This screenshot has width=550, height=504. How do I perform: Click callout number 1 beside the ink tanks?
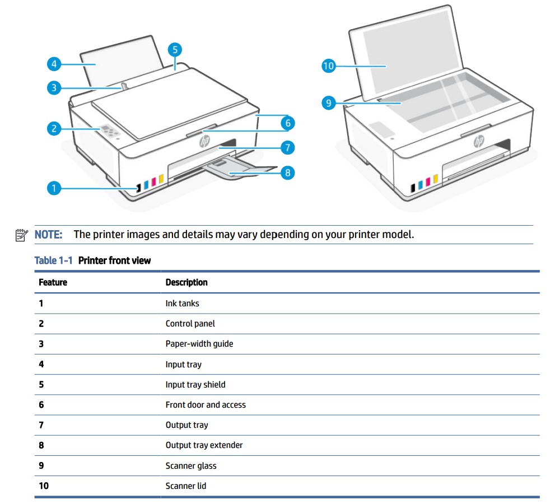(54, 189)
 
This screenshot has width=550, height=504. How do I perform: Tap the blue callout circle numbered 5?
(175, 49)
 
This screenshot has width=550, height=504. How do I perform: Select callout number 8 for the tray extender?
(287, 172)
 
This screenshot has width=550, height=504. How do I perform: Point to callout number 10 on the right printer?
(328, 66)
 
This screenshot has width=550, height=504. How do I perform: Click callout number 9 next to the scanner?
(328, 102)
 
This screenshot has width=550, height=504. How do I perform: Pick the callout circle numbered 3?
(54, 87)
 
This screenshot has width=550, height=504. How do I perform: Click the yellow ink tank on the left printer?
(161, 179)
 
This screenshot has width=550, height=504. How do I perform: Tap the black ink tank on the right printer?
(413, 186)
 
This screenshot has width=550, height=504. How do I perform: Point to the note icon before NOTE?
(22, 235)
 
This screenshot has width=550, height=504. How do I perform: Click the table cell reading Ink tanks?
(182, 304)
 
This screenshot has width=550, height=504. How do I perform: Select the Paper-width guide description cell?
(199, 344)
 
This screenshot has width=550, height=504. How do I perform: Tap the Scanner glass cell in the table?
(190, 465)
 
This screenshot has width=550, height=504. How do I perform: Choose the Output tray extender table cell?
(204, 445)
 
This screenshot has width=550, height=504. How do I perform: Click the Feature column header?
(53, 282)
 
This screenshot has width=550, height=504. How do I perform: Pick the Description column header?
(187, 282)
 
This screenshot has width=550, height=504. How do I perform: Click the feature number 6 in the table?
(41, 405)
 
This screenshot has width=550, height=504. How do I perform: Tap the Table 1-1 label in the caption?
(53, 260)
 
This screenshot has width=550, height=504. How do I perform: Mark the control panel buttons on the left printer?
(110, 132)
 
